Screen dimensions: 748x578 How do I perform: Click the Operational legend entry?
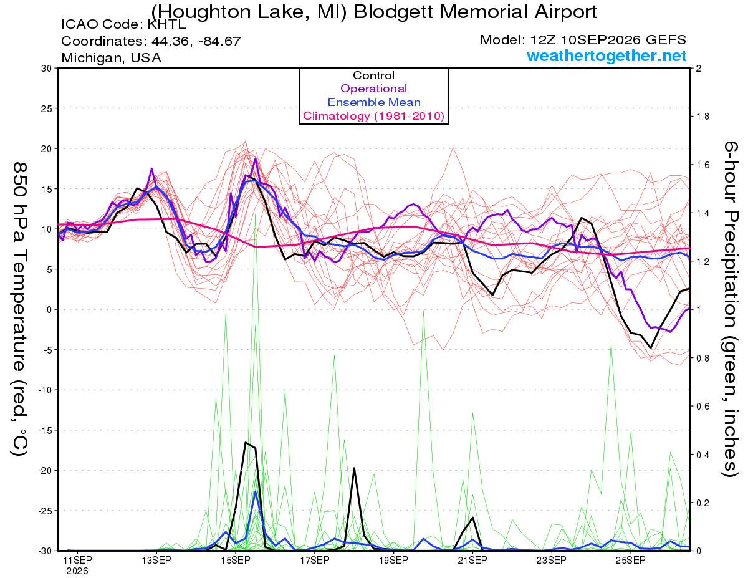pyautogui.click(x=373, y=89)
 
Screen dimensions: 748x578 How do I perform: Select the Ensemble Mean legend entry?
pyautogui.click(x=374, y=102)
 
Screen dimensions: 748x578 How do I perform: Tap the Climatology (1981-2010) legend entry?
pyautogui.click(x=373, y=116)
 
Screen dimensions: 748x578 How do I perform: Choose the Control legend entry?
pyautogui.click(x=373, y=75)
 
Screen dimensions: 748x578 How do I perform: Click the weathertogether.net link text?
pyautogui.click(x=607, y=55)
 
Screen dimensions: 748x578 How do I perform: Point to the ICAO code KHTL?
pyautogui.click(x=166, y=24)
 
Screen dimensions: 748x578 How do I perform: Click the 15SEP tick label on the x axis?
pyautogui.click(x=236, y=560)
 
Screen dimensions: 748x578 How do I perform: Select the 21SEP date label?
pyautogui.click(x=472, y=560)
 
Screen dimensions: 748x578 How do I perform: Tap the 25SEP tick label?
pyautogui.click(x=631, y=560)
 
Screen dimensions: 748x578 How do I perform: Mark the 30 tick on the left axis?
pyautogui.click(x=47, y=69)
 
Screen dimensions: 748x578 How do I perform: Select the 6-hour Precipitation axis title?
pyautogui.click(x=731, y=309)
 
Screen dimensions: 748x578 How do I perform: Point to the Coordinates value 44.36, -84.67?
pyautogui.click(x=196, y=41)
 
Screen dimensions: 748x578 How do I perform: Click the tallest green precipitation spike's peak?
pyautogui.click(x=255, y=215)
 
